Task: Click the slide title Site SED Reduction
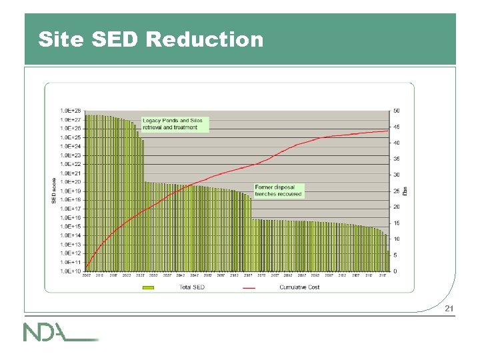[x=151, y=39]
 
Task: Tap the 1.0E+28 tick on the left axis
[x=71, y=111]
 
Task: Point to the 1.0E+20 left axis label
[x=71, y=182]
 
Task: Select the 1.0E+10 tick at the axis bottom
[x=71, y=271]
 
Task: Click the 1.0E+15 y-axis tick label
[x=71, y=227]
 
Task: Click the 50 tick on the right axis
[x=397, y=111]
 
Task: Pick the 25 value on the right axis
[x=397, y=191]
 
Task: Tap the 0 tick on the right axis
[x=395, y=271]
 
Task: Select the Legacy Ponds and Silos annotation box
[x=175, y=124]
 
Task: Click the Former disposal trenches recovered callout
[x=279, y=191]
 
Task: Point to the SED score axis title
[x=55, y=191]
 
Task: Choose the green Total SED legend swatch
[x=148, y=287]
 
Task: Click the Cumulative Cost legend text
[x=299, y=287]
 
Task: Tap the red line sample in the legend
[x=249, y=287]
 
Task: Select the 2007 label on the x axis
[x=87, y=276]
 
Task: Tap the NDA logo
[x=60, y=332]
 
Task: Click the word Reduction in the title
[x=205, y=39]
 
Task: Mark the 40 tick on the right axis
[x=397, y=143]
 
